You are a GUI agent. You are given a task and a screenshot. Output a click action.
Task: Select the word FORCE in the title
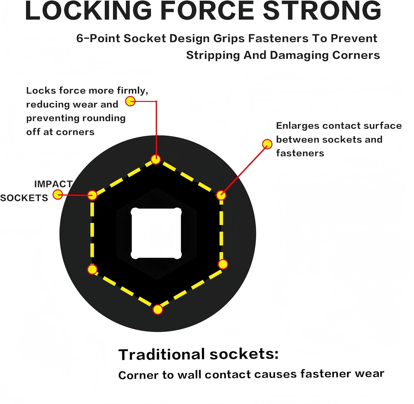(207, 11)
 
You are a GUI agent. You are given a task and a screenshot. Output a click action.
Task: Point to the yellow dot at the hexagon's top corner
(156, 159)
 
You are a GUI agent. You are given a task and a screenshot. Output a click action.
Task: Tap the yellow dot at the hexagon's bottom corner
(158, 310)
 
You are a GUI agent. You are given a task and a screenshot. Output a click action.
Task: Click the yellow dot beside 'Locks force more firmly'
(130, 101)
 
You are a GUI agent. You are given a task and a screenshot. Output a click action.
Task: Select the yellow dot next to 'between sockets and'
(267, 144)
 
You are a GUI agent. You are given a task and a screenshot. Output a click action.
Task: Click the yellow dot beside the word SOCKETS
(58, 195)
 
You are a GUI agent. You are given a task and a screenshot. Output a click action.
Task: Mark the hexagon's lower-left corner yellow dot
(92, 269)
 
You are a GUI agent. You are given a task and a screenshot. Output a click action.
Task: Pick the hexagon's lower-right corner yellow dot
(223, 264)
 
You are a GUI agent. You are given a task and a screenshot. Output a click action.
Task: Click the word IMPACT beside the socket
(53, 184)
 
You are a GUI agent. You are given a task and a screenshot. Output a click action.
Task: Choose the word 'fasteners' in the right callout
(300, 153)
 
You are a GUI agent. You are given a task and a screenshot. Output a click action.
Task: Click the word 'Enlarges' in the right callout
(298, 126)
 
